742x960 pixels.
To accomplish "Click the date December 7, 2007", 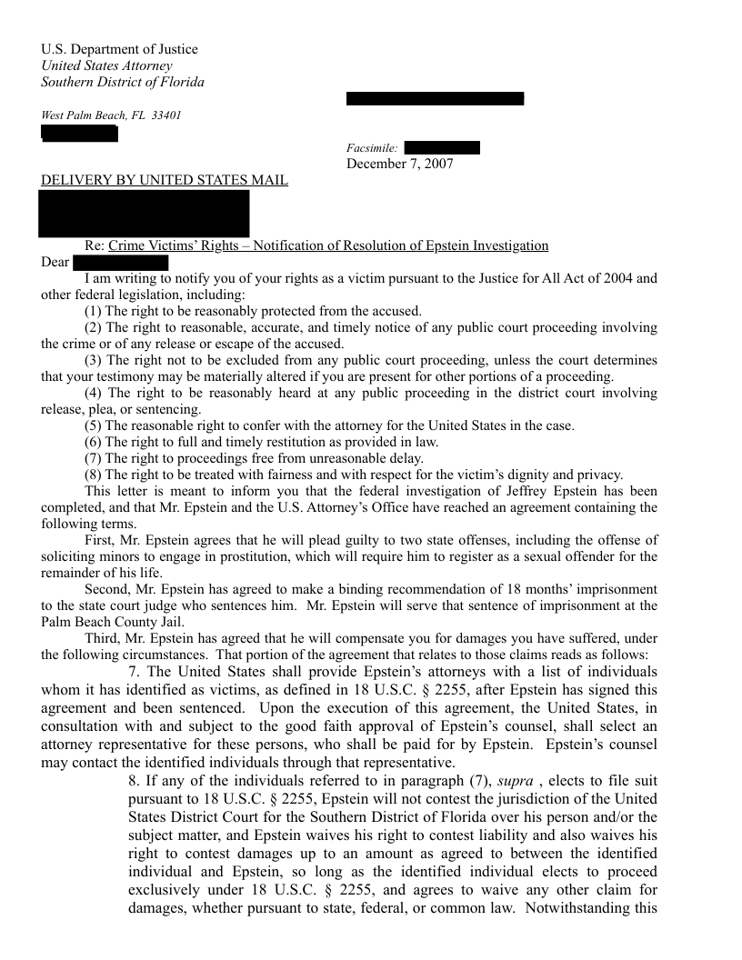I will tap(399, 164).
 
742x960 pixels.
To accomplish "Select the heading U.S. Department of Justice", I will tap(119, 49).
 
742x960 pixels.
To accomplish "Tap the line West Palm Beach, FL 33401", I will tap(111, 115).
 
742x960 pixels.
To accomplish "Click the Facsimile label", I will tap(371, 148).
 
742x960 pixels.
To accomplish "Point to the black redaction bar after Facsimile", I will tap(441, 148).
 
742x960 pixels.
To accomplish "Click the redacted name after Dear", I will tap(121, 263).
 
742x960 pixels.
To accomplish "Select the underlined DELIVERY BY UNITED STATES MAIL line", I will tap(165, 180).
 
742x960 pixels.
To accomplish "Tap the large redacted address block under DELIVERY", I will tap(145, 213).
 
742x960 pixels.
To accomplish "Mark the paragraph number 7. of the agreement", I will tap(134, 672).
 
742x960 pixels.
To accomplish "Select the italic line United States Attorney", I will tap(106, 65).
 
